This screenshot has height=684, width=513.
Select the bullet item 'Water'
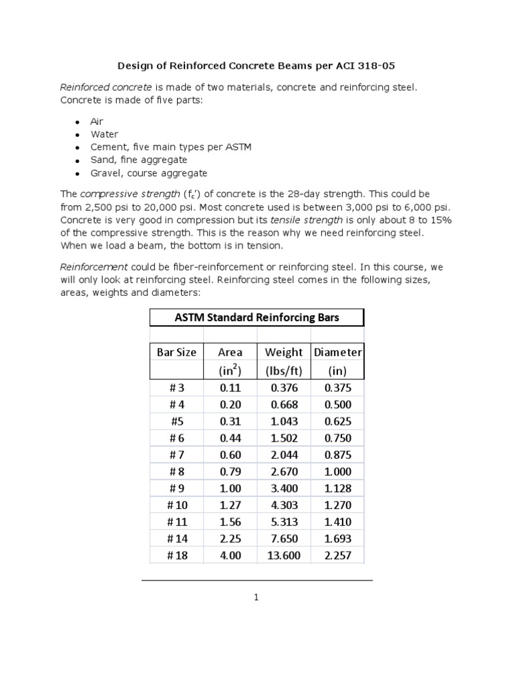pyautogui.click(x=104, y=134)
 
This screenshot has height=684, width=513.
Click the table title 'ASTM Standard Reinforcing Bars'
pyautogui.click(x=256, y=317)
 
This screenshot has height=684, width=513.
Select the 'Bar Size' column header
pyautogui.click(x=176, y=352)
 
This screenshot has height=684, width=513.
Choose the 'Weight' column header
pyautogui.click(x=284, y=352)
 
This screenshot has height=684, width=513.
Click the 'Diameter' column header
pyautogui.click(x=337, y=352)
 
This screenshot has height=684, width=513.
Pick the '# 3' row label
pyautogui.click(x=176, y=388)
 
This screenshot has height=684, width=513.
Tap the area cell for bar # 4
pyautogui.click(x=230, y=405)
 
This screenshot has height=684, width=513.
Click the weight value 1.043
pyautogui.click(x=284, y=421)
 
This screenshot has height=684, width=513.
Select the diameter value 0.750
pyautogui.click(x=337, y=438)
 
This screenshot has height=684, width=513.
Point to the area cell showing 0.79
pyautogui.click(x=230, y=472)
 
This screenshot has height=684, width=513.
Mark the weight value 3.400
pyautogui.click(x=284, y=488)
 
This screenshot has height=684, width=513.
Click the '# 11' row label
pyautogui.click(x=176, y=522)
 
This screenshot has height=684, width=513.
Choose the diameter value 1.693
pyautogui.click(x=337, y=538)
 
